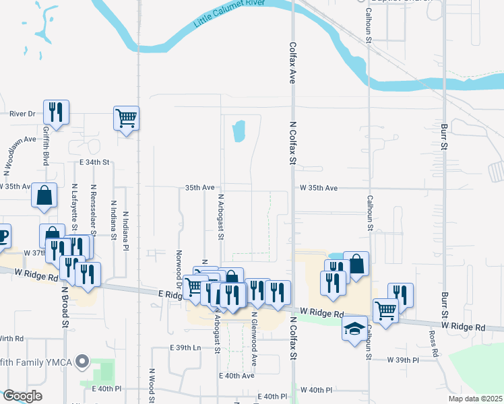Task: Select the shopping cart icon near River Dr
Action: coord(126,119)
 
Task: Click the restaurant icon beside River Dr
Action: coord(56,112)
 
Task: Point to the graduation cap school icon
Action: coord(354,329)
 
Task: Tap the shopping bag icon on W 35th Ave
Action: coord(44,195)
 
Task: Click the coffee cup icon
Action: coord(2,236)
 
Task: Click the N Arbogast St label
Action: coord(220,217)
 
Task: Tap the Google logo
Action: coord(22,396)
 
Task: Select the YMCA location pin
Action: coord(83,362)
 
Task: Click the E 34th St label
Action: coord(94,163)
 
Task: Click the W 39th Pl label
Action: coord(403,360)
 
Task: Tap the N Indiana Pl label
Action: coord(125,230)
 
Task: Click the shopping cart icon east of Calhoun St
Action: coord(385,311)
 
